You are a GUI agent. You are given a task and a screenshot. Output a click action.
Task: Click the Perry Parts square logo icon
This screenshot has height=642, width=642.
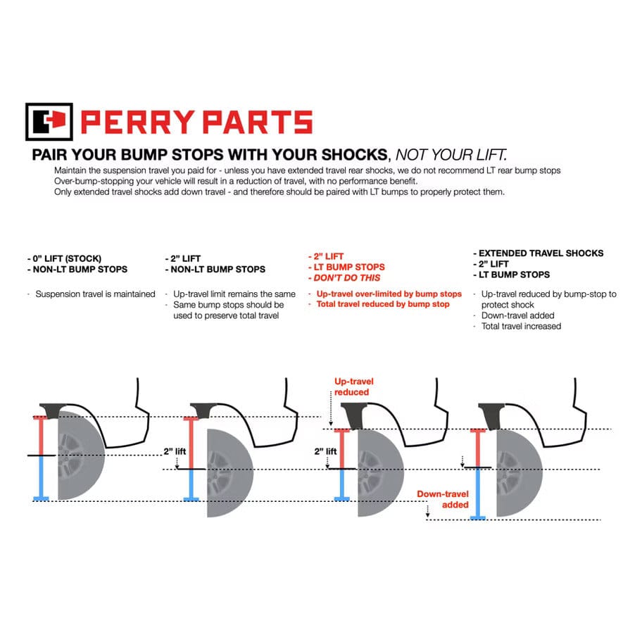point(49,122)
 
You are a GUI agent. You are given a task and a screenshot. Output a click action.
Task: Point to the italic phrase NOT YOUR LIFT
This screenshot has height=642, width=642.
point(451,155)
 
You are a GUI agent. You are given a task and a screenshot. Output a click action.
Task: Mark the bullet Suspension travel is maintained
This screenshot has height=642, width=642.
point(95,294)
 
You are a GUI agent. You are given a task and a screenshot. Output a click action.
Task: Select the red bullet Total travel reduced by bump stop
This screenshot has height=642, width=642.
point(383,304)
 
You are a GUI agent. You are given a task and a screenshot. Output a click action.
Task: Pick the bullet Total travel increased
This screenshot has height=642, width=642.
point(521,326)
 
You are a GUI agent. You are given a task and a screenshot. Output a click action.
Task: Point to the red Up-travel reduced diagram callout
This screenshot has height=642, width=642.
point(351,386)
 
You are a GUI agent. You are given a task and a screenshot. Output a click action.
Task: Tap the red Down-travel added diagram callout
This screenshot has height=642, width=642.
point(442,499)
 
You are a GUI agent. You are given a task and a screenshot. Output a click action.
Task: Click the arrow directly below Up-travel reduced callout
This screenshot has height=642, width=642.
point(331,412)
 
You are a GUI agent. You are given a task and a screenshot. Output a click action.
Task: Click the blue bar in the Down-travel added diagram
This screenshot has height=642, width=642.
point(479,493)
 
